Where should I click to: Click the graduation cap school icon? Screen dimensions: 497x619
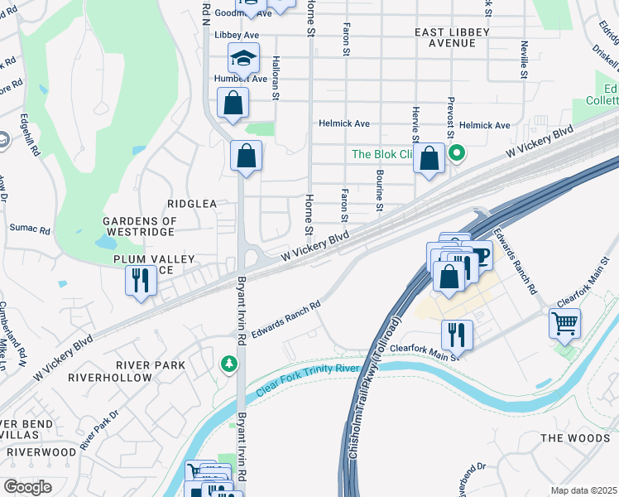pos(243,58)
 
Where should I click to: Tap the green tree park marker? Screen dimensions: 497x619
pos(229,364)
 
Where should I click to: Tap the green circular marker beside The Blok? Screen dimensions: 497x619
pos(456,153)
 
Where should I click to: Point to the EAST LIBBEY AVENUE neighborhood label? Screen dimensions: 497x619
pos(452,37)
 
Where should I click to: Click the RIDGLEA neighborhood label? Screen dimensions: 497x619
pos(191,203)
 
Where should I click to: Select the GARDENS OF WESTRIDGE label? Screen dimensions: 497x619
pos(140,227)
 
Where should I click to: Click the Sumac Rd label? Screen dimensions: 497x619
pos(30,227)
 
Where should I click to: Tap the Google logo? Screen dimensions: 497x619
pos(27,487)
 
